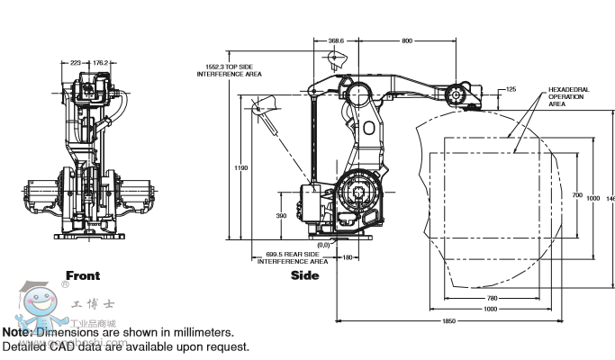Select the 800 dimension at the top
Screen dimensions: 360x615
pos(407,40)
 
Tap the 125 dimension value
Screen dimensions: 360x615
pos(511,89)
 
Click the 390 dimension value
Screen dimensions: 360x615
pos(281,216)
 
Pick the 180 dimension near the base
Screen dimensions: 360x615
pos(348,258)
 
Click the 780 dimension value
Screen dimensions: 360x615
pos(491,298)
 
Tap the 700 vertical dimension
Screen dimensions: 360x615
pos(577,194)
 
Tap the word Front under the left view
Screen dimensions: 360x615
pos(83,275)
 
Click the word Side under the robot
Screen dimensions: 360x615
pos(304,275)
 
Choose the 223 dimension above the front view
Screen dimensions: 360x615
pos(76,63)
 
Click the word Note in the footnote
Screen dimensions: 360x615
pos(17,332)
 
